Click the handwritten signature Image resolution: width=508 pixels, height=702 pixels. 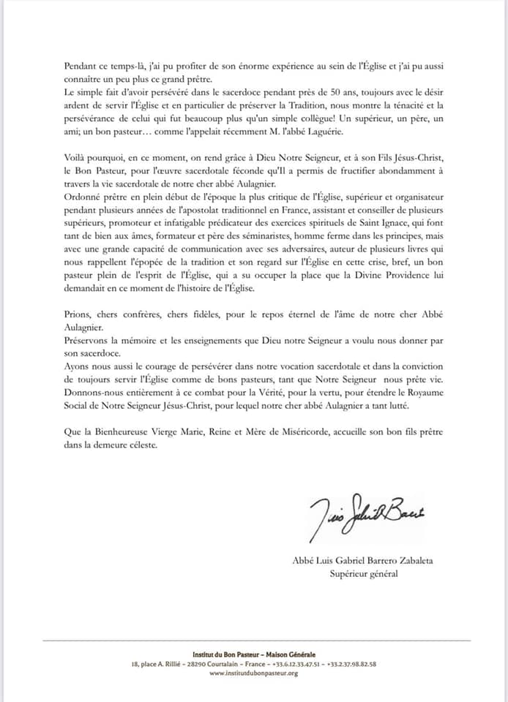pyautogui.click(x=367, y=510)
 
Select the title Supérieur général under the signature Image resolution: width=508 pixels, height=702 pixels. pyautogui.click(x=364, y=573)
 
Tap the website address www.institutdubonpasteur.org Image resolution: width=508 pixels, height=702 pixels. pyautogui.click(x=253, y=673)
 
